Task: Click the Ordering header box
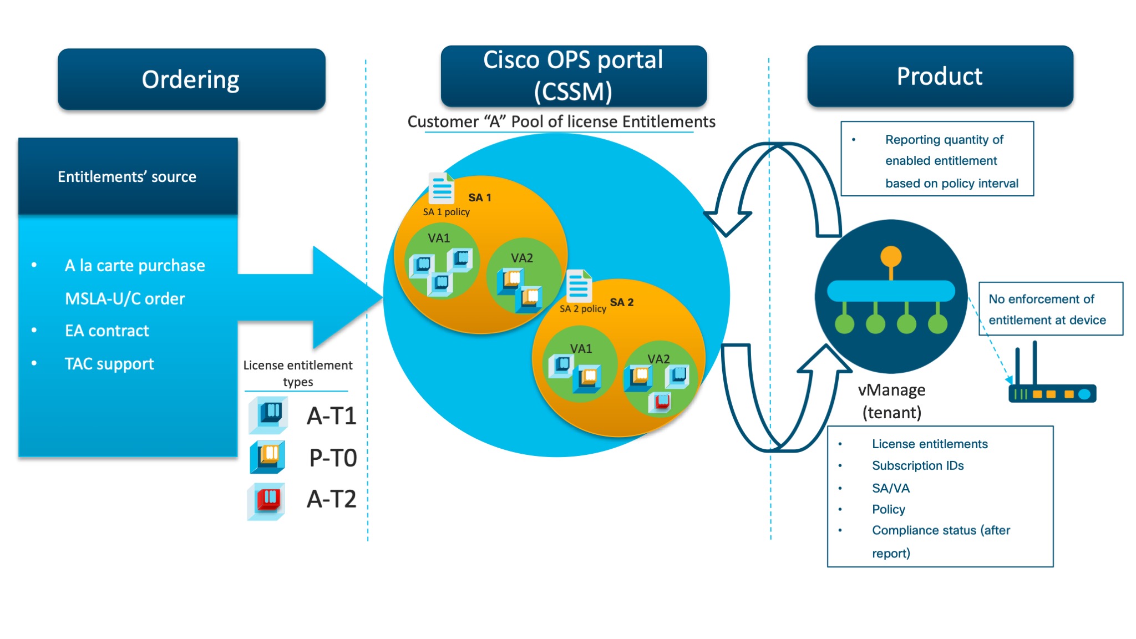(191, 79)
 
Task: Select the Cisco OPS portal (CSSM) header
(573, 76)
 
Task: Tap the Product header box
(940, 76)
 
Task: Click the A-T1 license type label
(332, 416)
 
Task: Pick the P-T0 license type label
(333, 458)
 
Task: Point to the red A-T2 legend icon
(267, 500)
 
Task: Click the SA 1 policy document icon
(442, 189)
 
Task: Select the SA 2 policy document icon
(579, 286)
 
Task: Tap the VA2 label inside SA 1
(521, 258)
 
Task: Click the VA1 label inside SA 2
(581, 348)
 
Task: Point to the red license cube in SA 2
(661, 402)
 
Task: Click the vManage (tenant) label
(891, 401)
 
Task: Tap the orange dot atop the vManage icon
(891, 256)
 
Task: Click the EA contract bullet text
(106, 331)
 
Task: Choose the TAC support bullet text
(109, 364)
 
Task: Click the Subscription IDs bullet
(917, 466)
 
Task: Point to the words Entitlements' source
(127, 176)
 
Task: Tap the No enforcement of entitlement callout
(1050, 309)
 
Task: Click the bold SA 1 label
(479, 197)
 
